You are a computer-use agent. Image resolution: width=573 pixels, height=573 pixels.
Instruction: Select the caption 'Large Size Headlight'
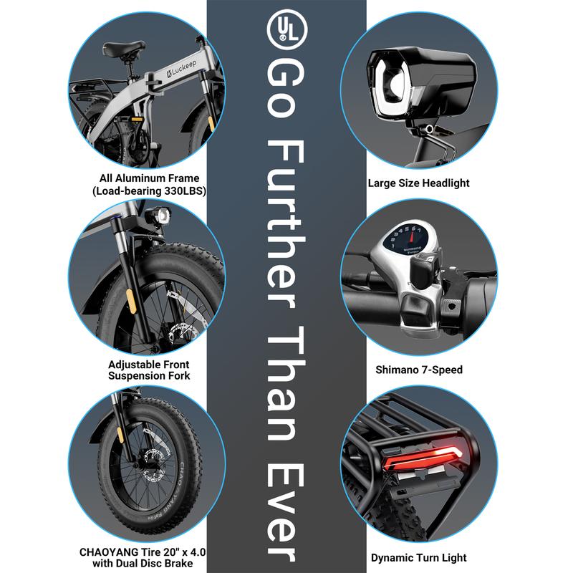click(x=418, y=183)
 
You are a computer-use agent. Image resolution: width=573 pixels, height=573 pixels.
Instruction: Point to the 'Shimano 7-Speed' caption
click(x=419, y=370)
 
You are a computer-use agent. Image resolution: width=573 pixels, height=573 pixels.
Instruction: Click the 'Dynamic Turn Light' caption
click(x=419, y=557)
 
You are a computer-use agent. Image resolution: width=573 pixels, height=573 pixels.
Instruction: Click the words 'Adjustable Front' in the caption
click(x=149, y=365)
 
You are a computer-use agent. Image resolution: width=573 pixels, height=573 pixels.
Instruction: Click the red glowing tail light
click(x=423, y=456)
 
